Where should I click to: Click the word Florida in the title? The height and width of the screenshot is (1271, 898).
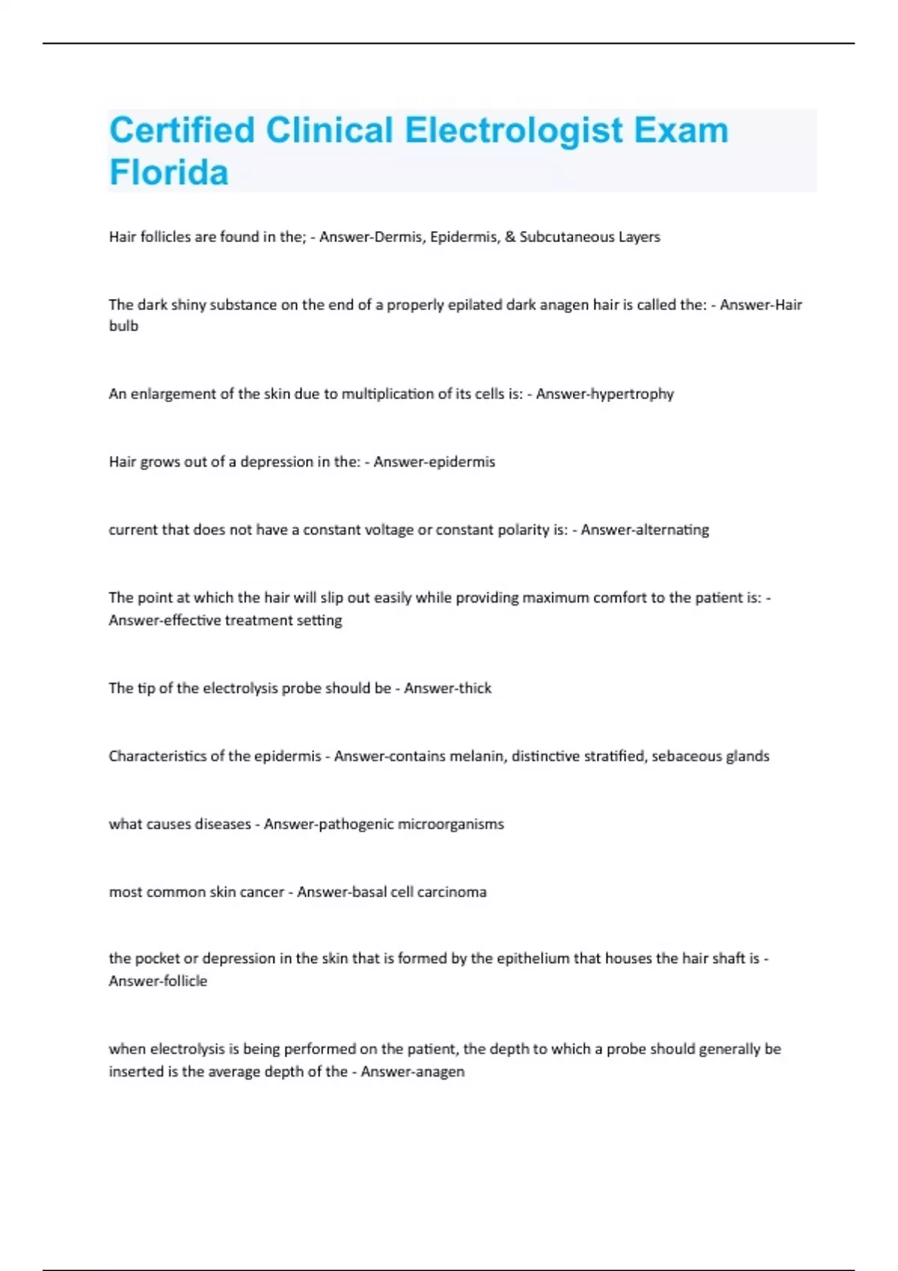pyautogui.click(x=169, y=173)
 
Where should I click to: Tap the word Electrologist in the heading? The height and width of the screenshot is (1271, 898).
pyautogui.click(x=513, y=130)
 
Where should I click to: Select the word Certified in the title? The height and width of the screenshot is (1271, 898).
pyautogui.click(x=183, y=130)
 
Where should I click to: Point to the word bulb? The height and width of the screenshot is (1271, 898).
pyautogui.click(x=123, y=326)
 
